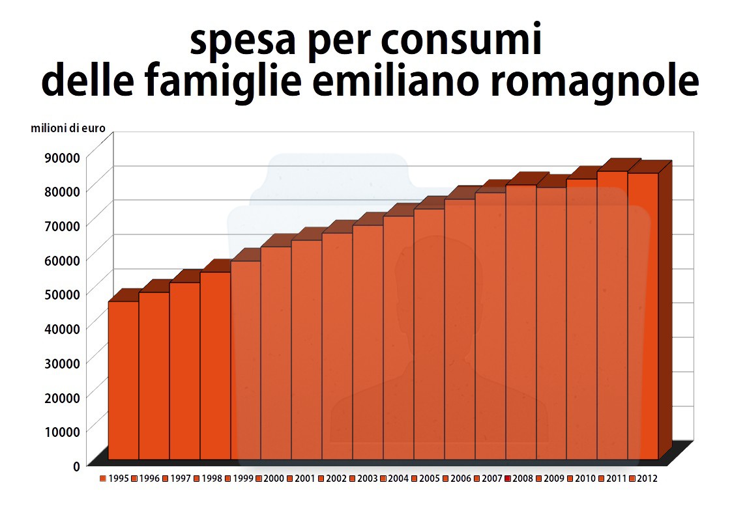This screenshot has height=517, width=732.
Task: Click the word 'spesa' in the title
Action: pyautogui.click(x=238, y=42)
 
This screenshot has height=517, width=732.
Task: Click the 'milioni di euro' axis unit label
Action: pyautogui.click(x=68, y=128)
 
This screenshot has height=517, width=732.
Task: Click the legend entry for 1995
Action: pyautogui.click(x=113, y=479)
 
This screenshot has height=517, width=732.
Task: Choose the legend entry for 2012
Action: pyautogui.click(x=643, y=479)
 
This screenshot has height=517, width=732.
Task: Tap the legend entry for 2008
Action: pyautogui.click(x=518, y=479)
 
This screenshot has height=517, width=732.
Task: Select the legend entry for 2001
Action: pyautogui.click(x=300, y=479)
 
